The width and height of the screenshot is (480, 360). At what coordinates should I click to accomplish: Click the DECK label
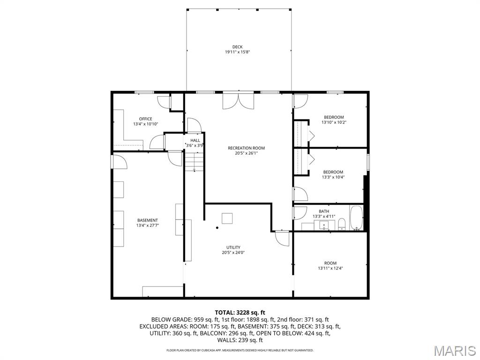[237, 47]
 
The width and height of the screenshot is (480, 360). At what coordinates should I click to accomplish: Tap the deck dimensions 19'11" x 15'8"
[237, 52]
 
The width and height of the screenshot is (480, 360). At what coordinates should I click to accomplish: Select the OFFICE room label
[145, 119]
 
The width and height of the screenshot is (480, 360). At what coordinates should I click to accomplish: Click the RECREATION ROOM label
[246, 148]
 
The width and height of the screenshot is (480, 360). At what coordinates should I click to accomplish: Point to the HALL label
[195, 140]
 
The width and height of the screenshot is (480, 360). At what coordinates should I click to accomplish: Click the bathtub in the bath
[356, 218]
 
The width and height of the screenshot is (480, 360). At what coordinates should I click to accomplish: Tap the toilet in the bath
[342, 224]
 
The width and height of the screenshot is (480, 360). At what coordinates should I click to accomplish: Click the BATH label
[324, 211]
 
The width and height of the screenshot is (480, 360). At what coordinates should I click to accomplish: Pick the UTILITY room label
[233, 247]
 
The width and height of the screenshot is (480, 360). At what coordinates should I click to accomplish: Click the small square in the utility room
[227, 218]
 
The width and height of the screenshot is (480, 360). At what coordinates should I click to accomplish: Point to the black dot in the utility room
[217, 228]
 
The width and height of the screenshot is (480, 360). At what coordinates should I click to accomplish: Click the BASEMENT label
[147, 220]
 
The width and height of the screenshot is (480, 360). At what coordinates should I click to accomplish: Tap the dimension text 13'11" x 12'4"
[330, 269]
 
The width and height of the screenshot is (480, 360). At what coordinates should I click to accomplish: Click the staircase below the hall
[194, 162]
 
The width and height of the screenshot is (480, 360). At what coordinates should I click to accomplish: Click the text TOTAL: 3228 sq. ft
[240, 312]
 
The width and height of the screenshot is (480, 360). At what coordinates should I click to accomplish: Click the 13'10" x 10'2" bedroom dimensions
[334, 122]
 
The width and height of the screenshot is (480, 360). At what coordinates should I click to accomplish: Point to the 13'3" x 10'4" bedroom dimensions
[333, 177]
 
